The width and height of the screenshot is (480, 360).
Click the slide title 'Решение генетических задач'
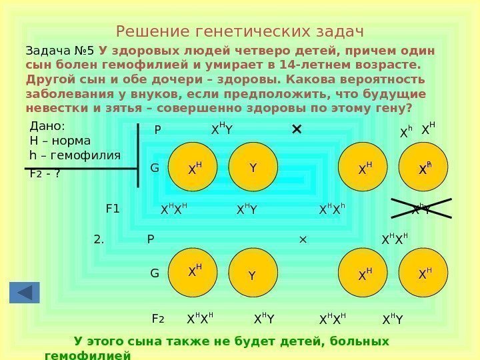(x=239, y=31)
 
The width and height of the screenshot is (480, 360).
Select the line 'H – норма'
(x=60, y=141)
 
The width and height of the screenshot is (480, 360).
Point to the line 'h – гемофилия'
(x=75, y=155)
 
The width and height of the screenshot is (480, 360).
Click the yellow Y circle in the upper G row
(x=253, y=169)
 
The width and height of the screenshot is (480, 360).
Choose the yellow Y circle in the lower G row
(x=252, y=274)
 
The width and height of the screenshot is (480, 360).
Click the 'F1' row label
(x=113, y=209)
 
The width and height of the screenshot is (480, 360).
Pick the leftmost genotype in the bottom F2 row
(x=200, y=320)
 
